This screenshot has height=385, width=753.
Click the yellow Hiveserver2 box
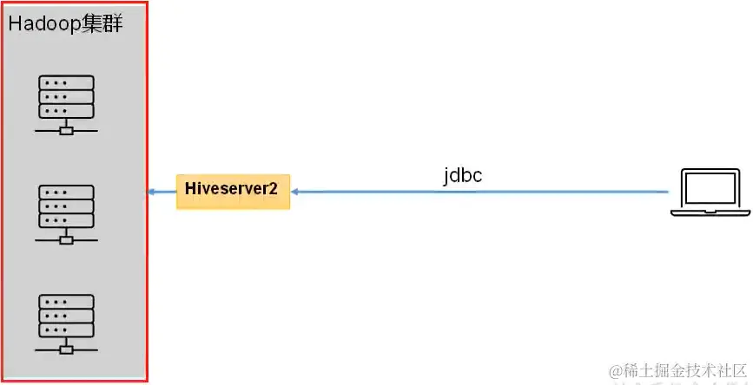233,191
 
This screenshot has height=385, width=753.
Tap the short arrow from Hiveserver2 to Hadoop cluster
162,191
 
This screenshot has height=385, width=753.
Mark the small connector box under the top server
66,131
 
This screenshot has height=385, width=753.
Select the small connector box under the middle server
66,240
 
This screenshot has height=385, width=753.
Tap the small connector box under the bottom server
66,349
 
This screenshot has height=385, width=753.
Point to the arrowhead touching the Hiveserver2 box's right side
295,191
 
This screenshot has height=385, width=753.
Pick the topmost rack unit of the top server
66,82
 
